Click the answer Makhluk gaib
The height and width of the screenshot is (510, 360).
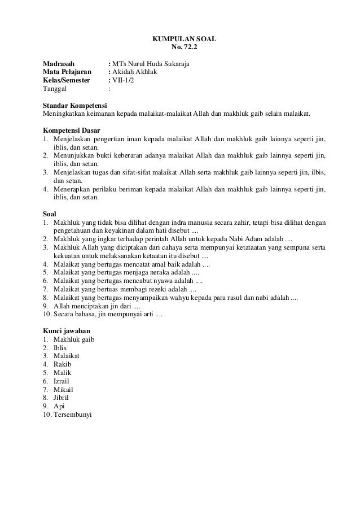[x=74, y=339]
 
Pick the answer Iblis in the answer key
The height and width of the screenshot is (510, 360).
[x=60, y=348]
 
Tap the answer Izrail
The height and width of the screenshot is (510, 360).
[x=62, y=381]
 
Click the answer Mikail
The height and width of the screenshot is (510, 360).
[x=63, y=390]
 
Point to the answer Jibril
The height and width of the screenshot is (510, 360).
[x=62, y=398]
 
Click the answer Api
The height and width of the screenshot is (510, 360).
[x=59, y=407]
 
